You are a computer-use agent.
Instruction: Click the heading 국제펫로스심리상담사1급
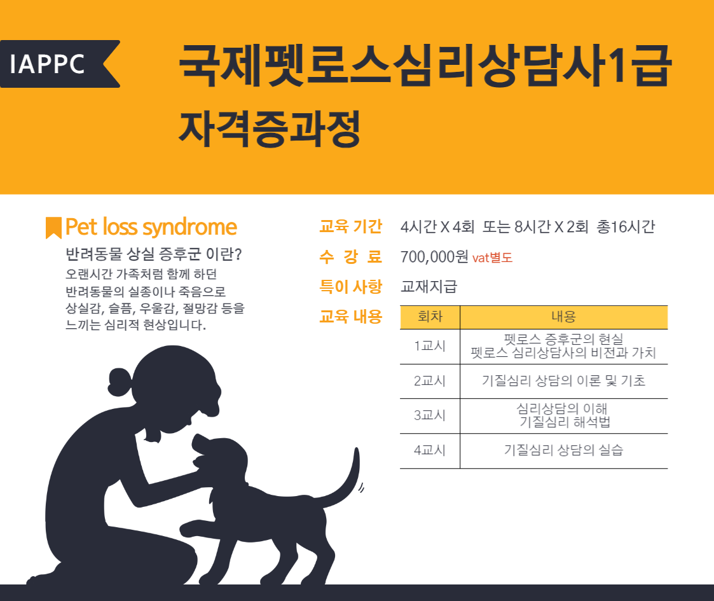click(425, 66)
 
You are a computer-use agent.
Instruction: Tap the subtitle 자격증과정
click(270, 128)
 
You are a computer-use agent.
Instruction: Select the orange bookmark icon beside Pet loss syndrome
click(54, 228)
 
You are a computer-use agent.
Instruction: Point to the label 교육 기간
click(350, 226)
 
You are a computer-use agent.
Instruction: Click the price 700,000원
click(434, 257)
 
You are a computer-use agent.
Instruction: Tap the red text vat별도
click(492, 258)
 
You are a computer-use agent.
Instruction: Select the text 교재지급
click(429, 287)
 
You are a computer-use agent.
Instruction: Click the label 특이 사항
click(350, 287)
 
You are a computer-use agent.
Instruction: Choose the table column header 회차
click(430, 317)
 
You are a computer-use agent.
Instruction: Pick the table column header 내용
click(564, 317)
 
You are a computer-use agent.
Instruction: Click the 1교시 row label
click(429, 346)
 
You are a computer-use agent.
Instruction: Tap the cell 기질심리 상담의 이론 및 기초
click(564, 381)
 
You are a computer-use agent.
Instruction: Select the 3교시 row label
click(429, 415)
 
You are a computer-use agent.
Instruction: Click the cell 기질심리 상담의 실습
click(564, 450)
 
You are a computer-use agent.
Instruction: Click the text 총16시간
click(626, 226)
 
